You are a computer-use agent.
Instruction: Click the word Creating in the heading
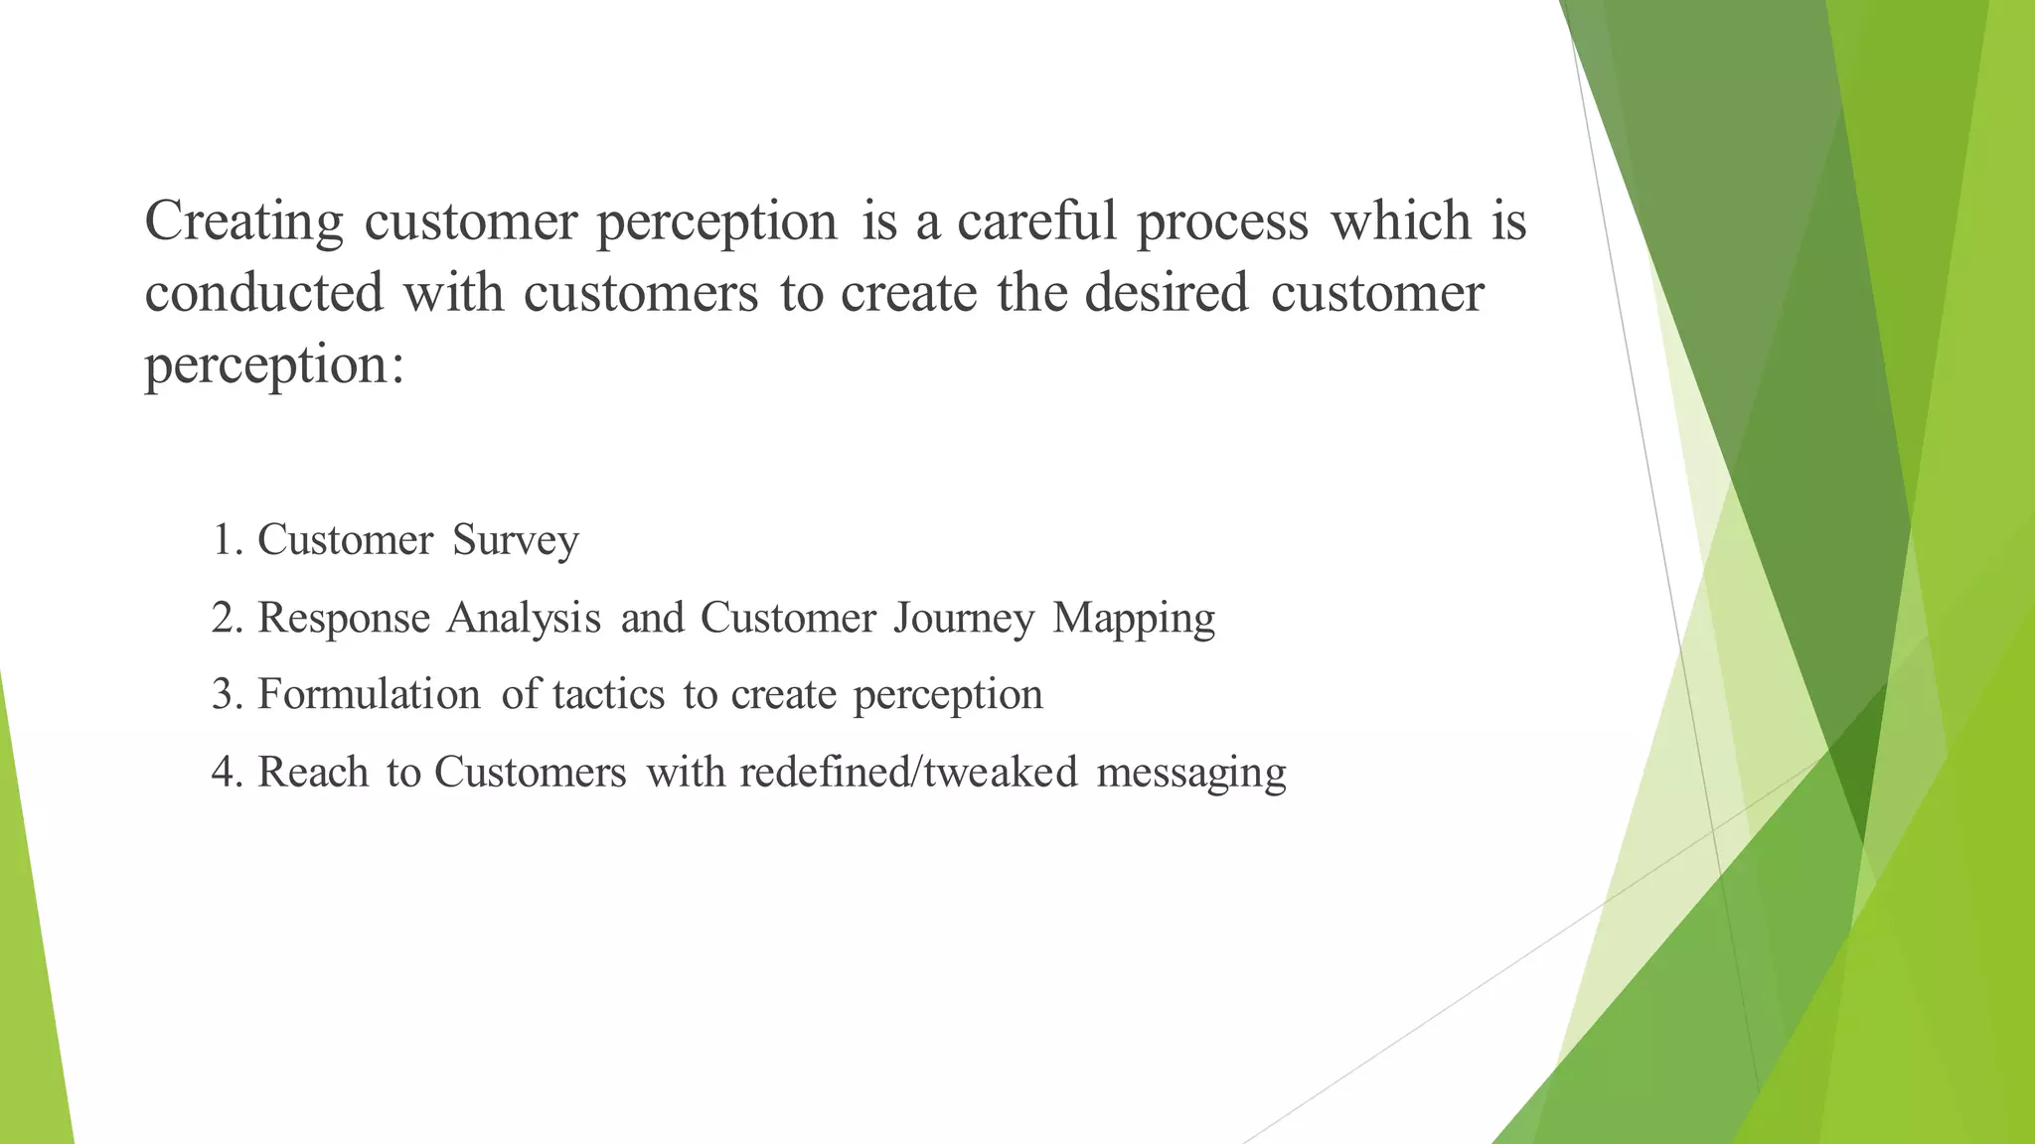243,222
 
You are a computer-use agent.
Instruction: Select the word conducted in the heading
263,294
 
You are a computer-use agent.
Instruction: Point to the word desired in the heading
1166,294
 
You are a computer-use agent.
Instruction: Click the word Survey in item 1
515,541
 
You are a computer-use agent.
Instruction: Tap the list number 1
228,541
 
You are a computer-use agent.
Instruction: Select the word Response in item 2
344,619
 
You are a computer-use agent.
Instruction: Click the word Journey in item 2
964,619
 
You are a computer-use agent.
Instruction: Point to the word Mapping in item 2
1134,619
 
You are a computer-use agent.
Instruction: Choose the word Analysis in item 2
524,619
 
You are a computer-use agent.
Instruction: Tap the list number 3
228,695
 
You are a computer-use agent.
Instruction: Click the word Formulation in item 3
369,695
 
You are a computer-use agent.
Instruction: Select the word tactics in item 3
608,695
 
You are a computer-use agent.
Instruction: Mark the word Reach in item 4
313,773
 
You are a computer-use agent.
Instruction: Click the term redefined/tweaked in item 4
908,773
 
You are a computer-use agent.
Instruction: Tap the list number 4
228,773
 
